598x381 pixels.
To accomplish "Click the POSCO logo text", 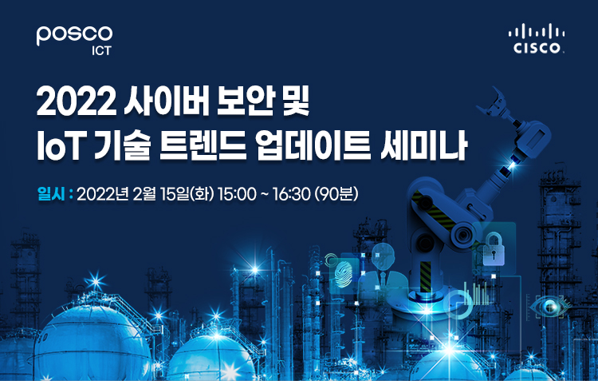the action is [74, 35].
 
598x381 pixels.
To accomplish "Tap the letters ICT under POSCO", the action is [101, 51].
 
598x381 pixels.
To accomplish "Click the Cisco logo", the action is [537, 38].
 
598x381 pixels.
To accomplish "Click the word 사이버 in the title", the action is [167, 103].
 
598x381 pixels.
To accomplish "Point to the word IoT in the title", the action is [60, 147].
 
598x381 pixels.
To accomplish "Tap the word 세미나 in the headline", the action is [423, 146].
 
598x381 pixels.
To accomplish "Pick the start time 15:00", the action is [237, 195].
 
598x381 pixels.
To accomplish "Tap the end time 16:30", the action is [291, 195].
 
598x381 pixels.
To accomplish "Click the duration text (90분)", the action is [336, 195].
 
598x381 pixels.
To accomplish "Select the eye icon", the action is [550, 306].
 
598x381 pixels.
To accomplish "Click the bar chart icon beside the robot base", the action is [475, 293].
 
